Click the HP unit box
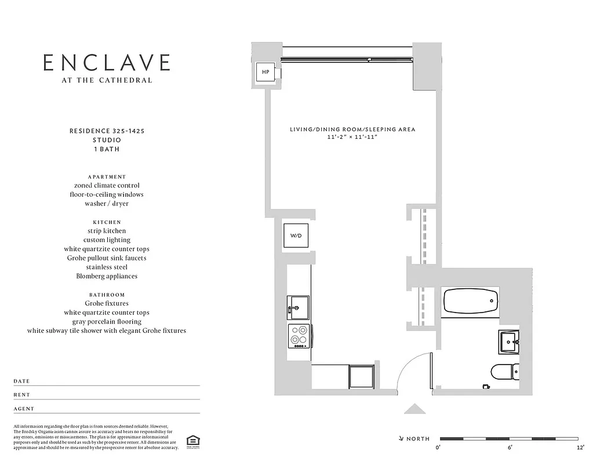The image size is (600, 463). (266, 72)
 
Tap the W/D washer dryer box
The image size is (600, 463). (296, 236)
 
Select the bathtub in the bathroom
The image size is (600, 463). (470, 301)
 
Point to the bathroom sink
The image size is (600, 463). (509, 341)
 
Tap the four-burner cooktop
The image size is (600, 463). (299, 336)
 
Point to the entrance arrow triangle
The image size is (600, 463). (414, 409)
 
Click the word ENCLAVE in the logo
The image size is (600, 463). (107, 63)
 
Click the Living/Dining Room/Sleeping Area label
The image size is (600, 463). (352, 130)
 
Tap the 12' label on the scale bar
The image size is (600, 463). (580, 448)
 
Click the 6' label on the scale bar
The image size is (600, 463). (510, 448)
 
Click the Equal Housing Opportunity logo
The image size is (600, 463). (191, 442)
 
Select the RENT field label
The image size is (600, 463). (22, 395)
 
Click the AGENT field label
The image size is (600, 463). (24, 409)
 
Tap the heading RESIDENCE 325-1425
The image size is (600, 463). (107, 131)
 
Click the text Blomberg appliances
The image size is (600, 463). (107, 276)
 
